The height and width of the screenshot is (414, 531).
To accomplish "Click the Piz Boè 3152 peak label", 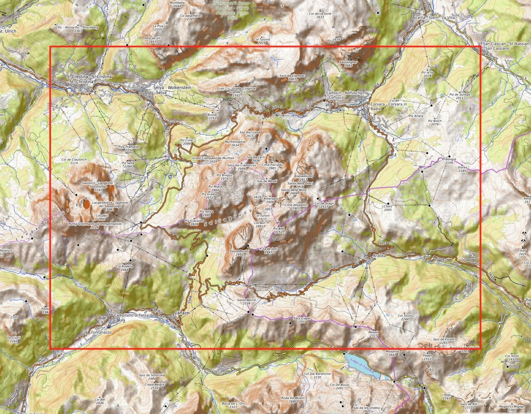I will pyautogui.click(x=278, y=230).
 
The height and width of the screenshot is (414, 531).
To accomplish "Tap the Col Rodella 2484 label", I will pyautogui.click(x=124, y=268).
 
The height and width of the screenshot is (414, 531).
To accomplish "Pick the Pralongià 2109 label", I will pyautogui.click(x=449, y=161).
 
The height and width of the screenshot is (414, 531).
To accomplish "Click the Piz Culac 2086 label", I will pyautogui.click(x=187, y=142).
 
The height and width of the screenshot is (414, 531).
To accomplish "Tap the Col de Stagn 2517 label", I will pyautogui.click(x=324, y=205).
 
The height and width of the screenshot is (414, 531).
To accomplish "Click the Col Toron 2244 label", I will pyautogui.click(x=405, y=317).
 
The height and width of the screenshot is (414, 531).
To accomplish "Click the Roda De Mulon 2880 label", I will pyautogui.click(x=292, y=399).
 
